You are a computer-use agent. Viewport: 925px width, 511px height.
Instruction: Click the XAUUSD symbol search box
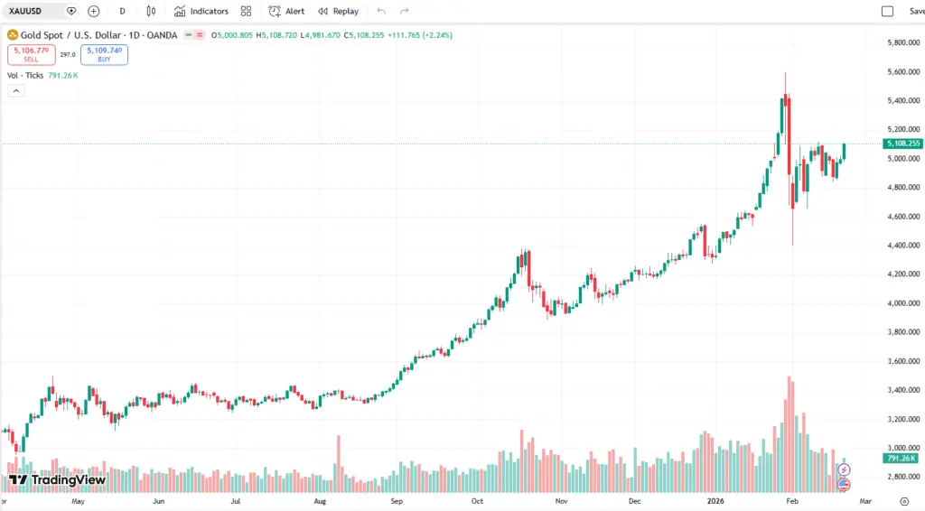point(36,11)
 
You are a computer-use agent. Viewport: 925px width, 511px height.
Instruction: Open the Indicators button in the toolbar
point(201,11)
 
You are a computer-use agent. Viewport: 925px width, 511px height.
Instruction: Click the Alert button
point(286,11)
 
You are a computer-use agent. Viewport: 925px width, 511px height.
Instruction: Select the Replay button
point(338,11)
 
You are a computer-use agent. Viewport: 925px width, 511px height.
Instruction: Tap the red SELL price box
point(31,54)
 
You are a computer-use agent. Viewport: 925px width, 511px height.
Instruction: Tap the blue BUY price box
point(104,54)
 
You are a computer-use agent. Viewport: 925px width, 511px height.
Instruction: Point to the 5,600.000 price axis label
point(903,72)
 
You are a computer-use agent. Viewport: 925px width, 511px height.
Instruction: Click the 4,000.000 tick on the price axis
point(903,303)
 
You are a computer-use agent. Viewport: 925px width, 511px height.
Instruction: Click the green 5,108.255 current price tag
point(903,144)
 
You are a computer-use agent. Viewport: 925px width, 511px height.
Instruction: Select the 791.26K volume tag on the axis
point(902,459)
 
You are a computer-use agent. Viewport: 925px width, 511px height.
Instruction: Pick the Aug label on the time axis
point(320,500)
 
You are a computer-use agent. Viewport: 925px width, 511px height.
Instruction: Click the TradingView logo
point(57,479)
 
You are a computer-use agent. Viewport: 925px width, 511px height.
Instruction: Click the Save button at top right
point(916,11)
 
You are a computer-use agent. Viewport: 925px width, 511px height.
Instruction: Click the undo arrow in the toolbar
point(381,11)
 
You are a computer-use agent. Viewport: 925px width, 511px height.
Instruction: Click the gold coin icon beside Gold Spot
point(13,35)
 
